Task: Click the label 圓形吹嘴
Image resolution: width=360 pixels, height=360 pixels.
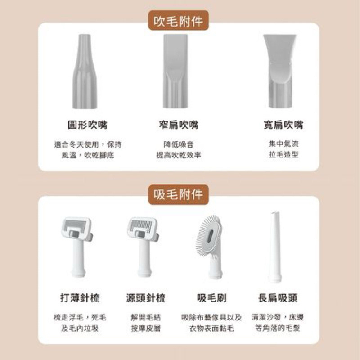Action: coord(86,125)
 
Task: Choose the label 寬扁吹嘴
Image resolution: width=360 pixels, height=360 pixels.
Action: coord(283,125)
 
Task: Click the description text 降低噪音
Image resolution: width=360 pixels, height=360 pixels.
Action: coord(178,144)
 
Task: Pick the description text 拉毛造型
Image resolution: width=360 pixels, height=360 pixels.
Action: coord(283,155)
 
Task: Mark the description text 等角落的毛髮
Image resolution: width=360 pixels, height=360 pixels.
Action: coord(278,328)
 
